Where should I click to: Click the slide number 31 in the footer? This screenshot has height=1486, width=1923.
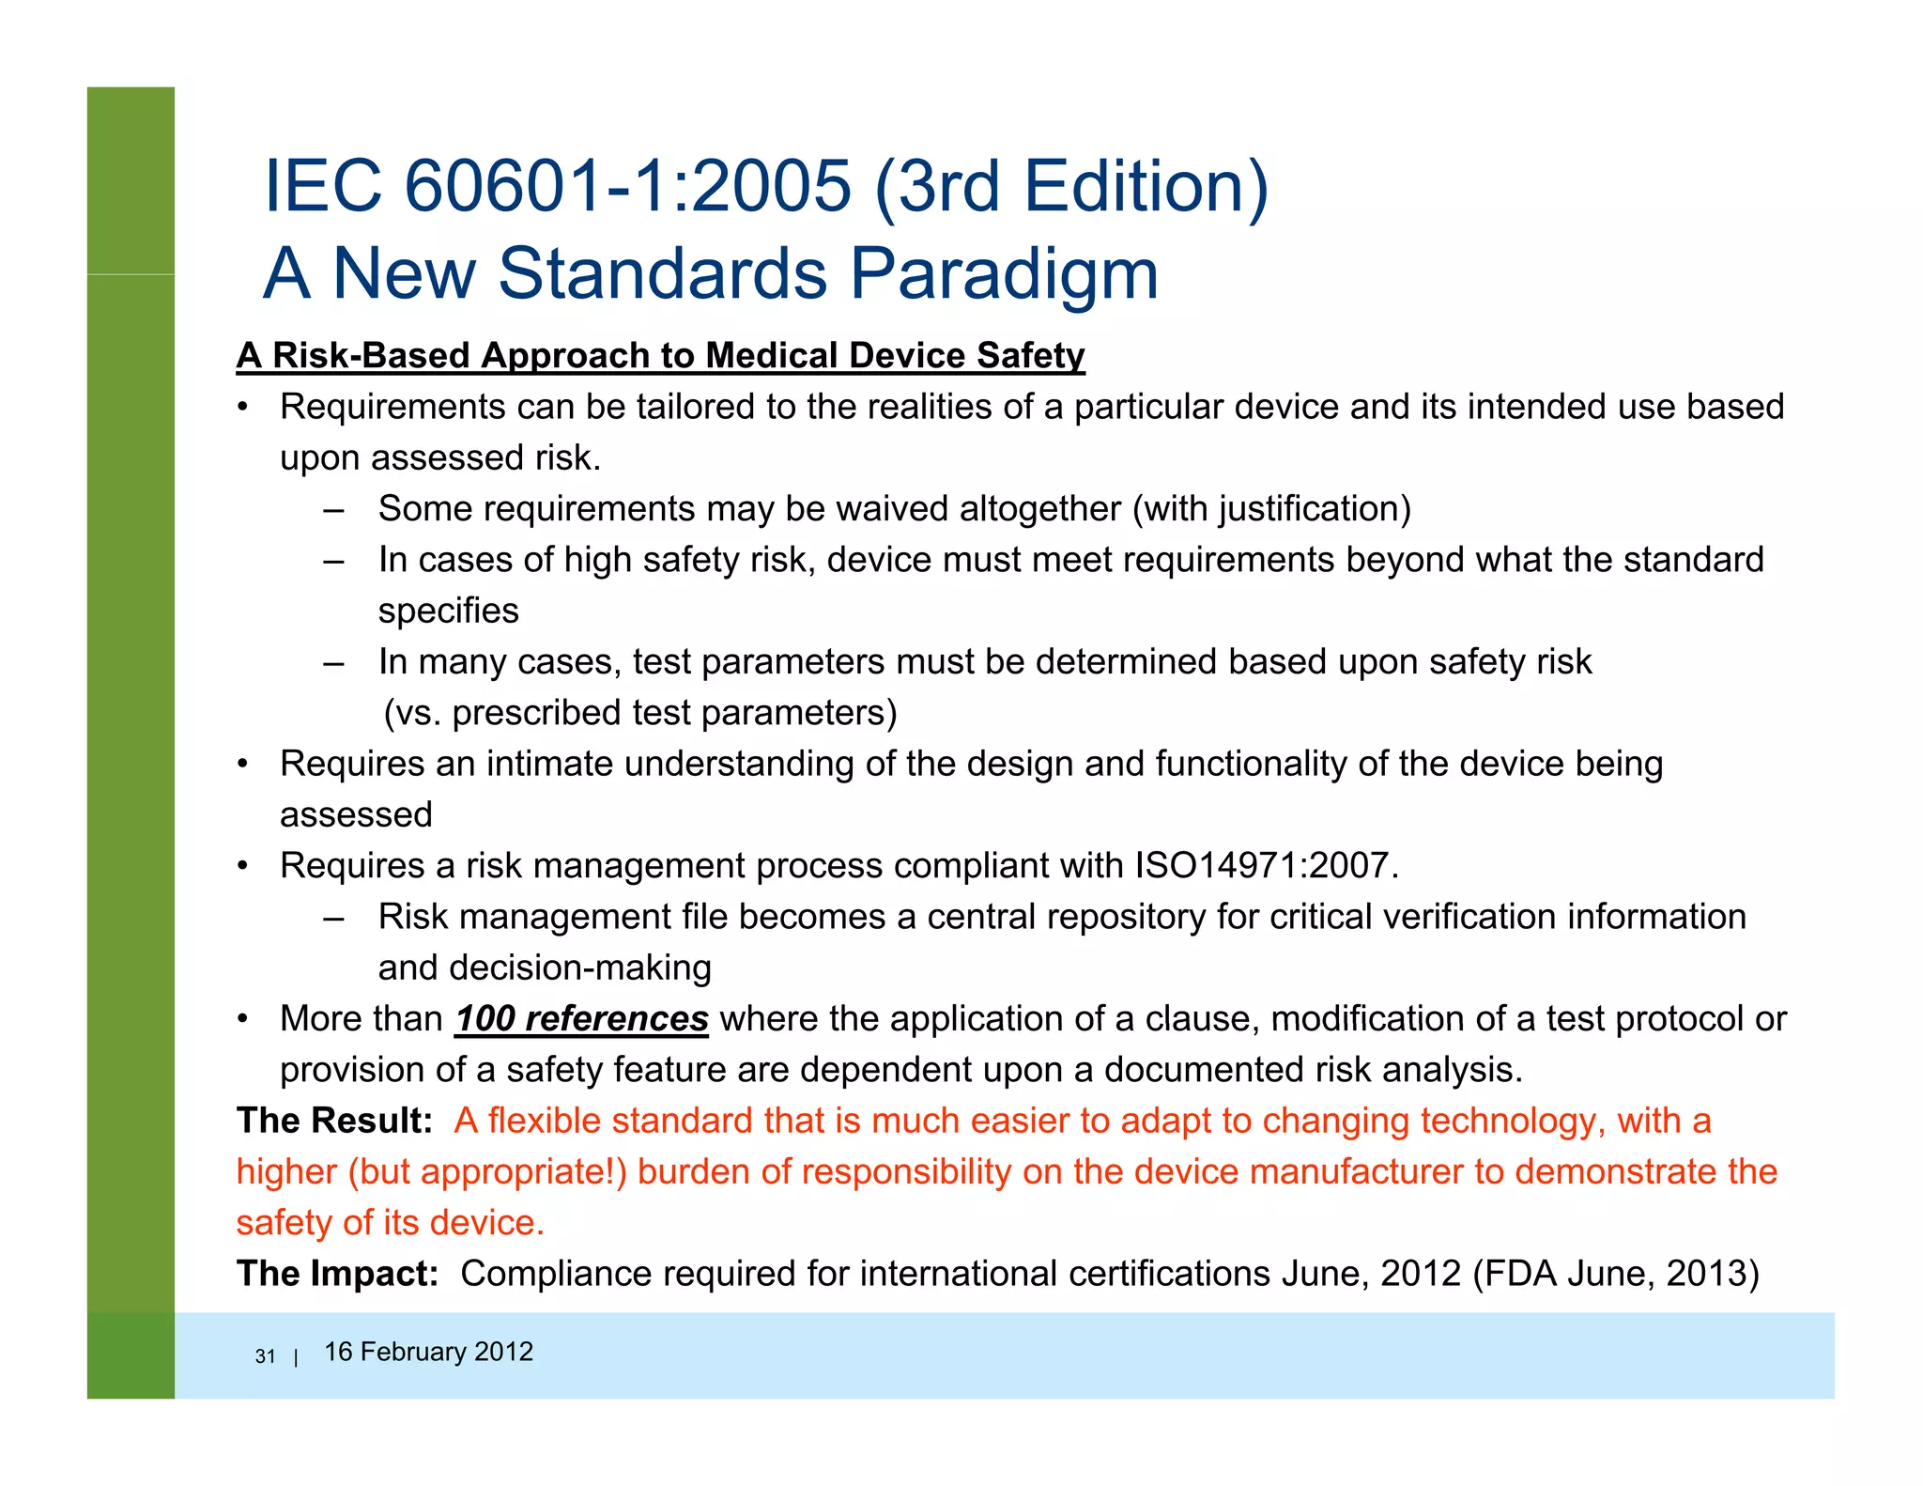click(265, 1356)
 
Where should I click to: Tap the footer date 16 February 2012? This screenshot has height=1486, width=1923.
click(428, 1352)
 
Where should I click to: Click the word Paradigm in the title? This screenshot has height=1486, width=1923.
click(1004, 274)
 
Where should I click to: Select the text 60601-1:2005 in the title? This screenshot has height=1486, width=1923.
click(628, 186)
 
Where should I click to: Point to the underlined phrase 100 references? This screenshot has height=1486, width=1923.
click(581, 1019)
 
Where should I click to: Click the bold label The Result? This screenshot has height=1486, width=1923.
click(334, 1121)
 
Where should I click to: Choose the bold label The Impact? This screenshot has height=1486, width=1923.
click(337, 1274)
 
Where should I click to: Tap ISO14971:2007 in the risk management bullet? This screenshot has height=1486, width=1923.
click(1267, 866)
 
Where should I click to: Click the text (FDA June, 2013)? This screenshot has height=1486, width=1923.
click(1616, 1274)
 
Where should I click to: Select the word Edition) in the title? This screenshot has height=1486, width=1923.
click(1146, 186)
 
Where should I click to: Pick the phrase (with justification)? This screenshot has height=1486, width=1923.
click(1272, 509)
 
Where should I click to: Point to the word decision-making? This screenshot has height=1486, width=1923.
click(580, 968)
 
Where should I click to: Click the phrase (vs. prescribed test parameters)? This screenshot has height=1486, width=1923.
click(640, 713)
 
